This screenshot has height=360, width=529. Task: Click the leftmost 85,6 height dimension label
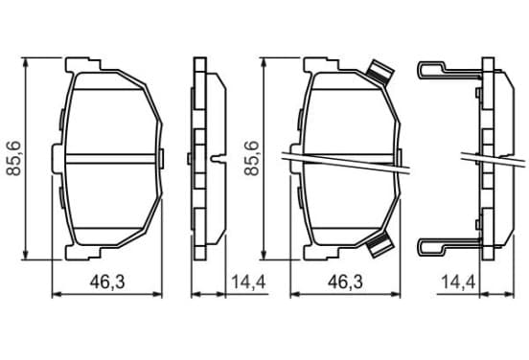tap(14, 158)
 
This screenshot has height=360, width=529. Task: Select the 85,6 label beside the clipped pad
tap(252, 158)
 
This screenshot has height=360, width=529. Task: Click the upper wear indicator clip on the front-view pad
tap(379, 72)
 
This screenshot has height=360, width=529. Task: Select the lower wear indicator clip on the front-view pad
tap(379, 245)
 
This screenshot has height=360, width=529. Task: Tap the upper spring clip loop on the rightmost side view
tap(448, 71)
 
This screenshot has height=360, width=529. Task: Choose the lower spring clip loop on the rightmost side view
tap(448, 247)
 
